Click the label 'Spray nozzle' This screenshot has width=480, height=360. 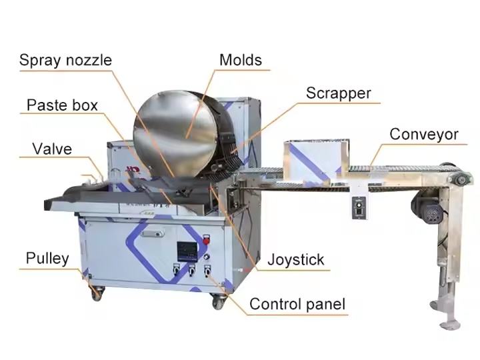pos(65,60)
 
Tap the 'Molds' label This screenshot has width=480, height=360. pos(240,59)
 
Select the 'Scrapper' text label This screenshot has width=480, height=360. pos(338,93)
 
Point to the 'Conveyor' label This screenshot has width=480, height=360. pos(424,135)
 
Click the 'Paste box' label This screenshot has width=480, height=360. pos(62,105)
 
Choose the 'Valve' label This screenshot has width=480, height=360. pos(51,148)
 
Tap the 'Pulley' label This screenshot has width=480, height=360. pos(47,258)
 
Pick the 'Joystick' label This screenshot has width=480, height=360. pos(295,259)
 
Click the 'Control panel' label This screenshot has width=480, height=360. pos(297,305)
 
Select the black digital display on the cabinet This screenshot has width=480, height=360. pos(185,251)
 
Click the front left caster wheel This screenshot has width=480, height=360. pos(97,292)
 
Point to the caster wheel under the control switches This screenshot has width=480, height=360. pos(218,301)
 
